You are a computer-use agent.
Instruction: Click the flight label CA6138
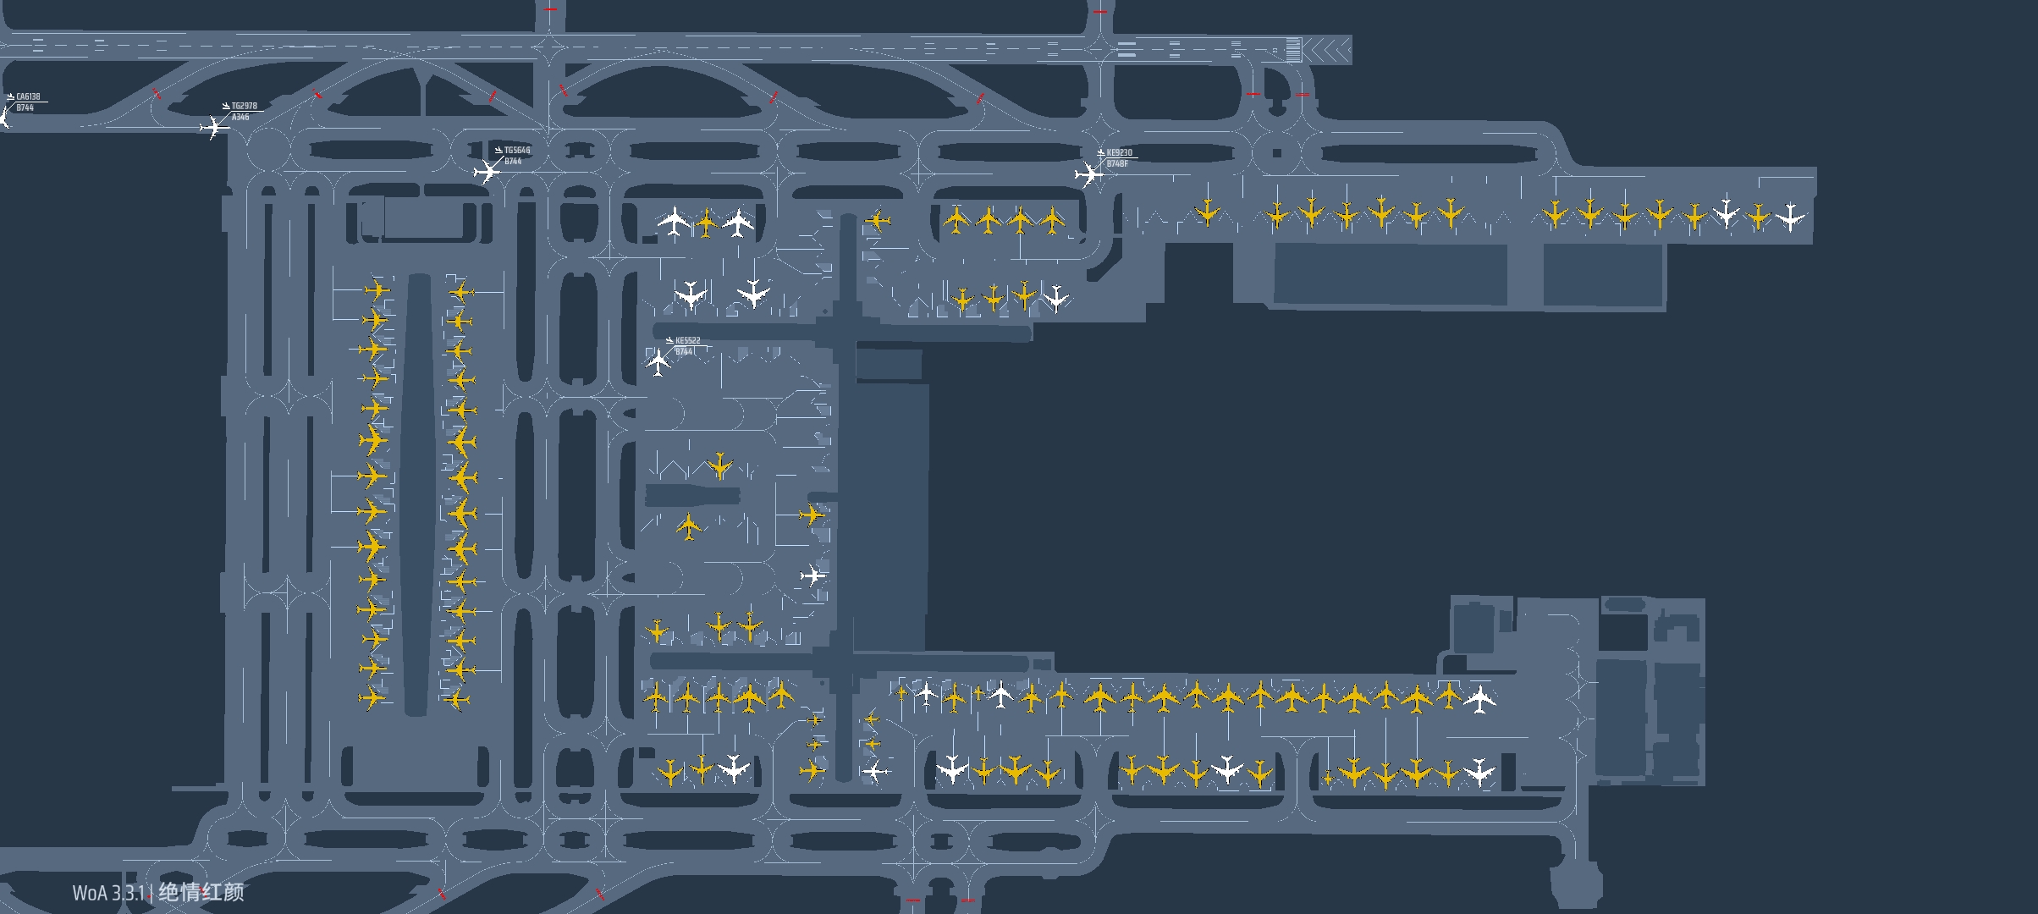coord(28,96)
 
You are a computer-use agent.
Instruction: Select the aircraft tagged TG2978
coord(213,128)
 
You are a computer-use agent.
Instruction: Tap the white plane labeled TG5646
coord(487,172)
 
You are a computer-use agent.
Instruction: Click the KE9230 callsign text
coord(1119,153)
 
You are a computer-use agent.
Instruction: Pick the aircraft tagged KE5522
coord(658,362)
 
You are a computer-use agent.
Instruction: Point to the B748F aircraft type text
coord(1117,163)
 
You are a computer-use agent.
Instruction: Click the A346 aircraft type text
coord(240,117)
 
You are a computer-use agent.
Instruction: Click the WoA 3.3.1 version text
coord(108,893)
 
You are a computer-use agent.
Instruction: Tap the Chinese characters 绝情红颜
coord(201,892)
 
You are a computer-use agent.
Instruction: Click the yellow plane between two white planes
coord(706,223)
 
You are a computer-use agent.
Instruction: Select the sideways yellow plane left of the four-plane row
coord(878,222)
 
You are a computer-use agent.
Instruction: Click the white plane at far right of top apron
coord(1790,217)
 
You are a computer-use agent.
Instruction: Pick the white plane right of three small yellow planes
coord(1055,298)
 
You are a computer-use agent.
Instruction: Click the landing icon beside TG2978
coord(226,107)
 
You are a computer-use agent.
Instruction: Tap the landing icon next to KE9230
coord(1100,153)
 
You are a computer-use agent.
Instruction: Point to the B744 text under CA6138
coord(25,107)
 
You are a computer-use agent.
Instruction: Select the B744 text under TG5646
coord(513,161)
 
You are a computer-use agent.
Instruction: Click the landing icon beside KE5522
coord(669,341)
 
